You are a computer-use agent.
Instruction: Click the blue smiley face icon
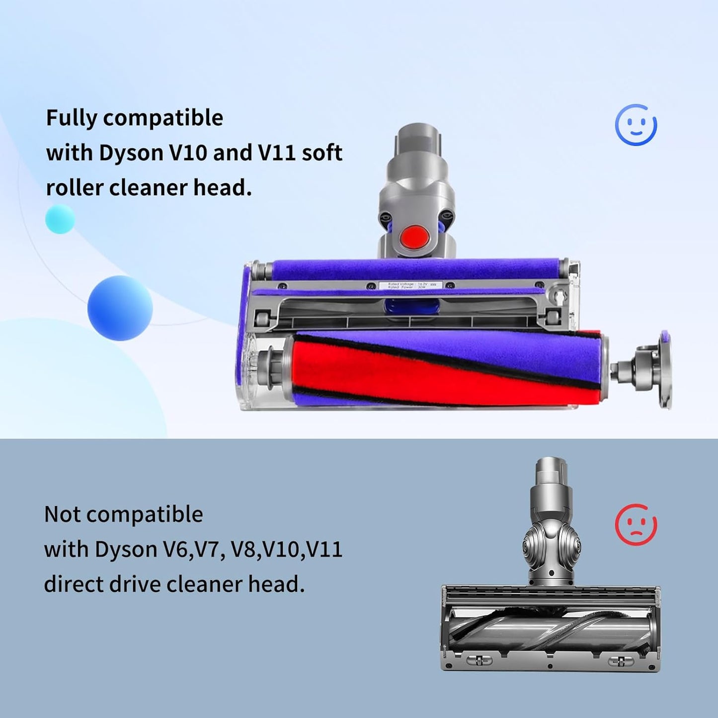point(636,125)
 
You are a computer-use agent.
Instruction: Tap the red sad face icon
point(636,525)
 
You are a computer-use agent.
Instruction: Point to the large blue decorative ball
point(120,308)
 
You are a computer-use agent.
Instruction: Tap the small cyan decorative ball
point(60,219)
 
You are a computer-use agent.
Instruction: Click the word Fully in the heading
point(72,118)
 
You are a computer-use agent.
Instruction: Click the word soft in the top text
point(322,153)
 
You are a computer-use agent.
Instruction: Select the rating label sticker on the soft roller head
point(409,286)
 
